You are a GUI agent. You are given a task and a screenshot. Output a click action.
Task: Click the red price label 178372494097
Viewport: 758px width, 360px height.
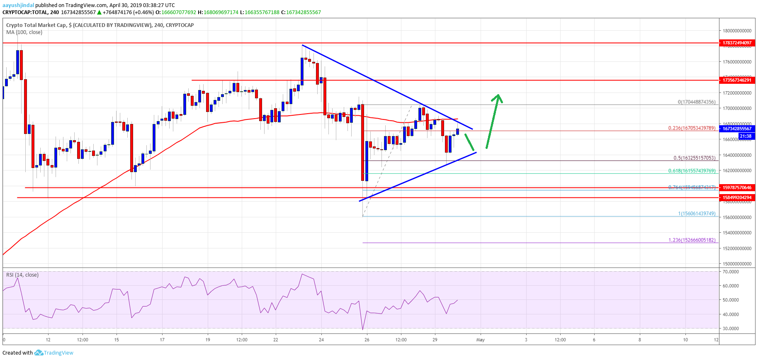[x=737, y=43]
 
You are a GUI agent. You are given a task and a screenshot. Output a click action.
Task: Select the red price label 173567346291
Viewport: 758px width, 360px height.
[x=737, y=80]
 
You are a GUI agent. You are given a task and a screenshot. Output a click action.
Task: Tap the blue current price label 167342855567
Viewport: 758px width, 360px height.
[x=737, y=129]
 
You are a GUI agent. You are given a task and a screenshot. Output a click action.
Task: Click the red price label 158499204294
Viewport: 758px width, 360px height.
[x=737, y=197]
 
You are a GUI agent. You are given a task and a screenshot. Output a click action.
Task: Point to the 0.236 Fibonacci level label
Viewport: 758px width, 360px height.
[x=691, y=128]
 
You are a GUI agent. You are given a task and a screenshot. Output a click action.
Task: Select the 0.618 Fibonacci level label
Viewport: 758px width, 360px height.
[x=691, y=171]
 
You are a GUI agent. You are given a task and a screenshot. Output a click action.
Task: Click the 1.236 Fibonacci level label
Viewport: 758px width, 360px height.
[x=692, y=240]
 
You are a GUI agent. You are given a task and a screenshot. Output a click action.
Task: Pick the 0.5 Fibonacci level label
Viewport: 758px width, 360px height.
[x=694, y=158]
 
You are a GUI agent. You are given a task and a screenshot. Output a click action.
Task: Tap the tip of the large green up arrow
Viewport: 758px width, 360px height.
[x=498, y=95]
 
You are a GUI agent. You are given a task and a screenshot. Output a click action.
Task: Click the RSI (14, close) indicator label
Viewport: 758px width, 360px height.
[x=22, y=275]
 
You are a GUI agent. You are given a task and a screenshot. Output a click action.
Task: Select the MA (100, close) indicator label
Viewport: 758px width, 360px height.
[x=24, y=32]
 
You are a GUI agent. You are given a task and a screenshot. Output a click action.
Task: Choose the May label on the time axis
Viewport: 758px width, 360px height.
[x=481, y=340]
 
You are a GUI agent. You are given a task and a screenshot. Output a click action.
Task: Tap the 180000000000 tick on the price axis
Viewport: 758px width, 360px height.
[x=737, y=31]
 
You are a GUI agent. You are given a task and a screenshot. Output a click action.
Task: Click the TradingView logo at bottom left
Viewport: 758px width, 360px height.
[x=54, y=353]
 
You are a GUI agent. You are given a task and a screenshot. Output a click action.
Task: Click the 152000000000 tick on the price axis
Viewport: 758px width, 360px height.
[x=737, y=248]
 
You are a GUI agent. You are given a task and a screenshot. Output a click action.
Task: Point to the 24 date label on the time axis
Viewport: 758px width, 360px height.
[x=321, y=340]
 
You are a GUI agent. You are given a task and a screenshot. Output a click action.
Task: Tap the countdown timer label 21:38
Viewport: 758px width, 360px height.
[x=745, y=136]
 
